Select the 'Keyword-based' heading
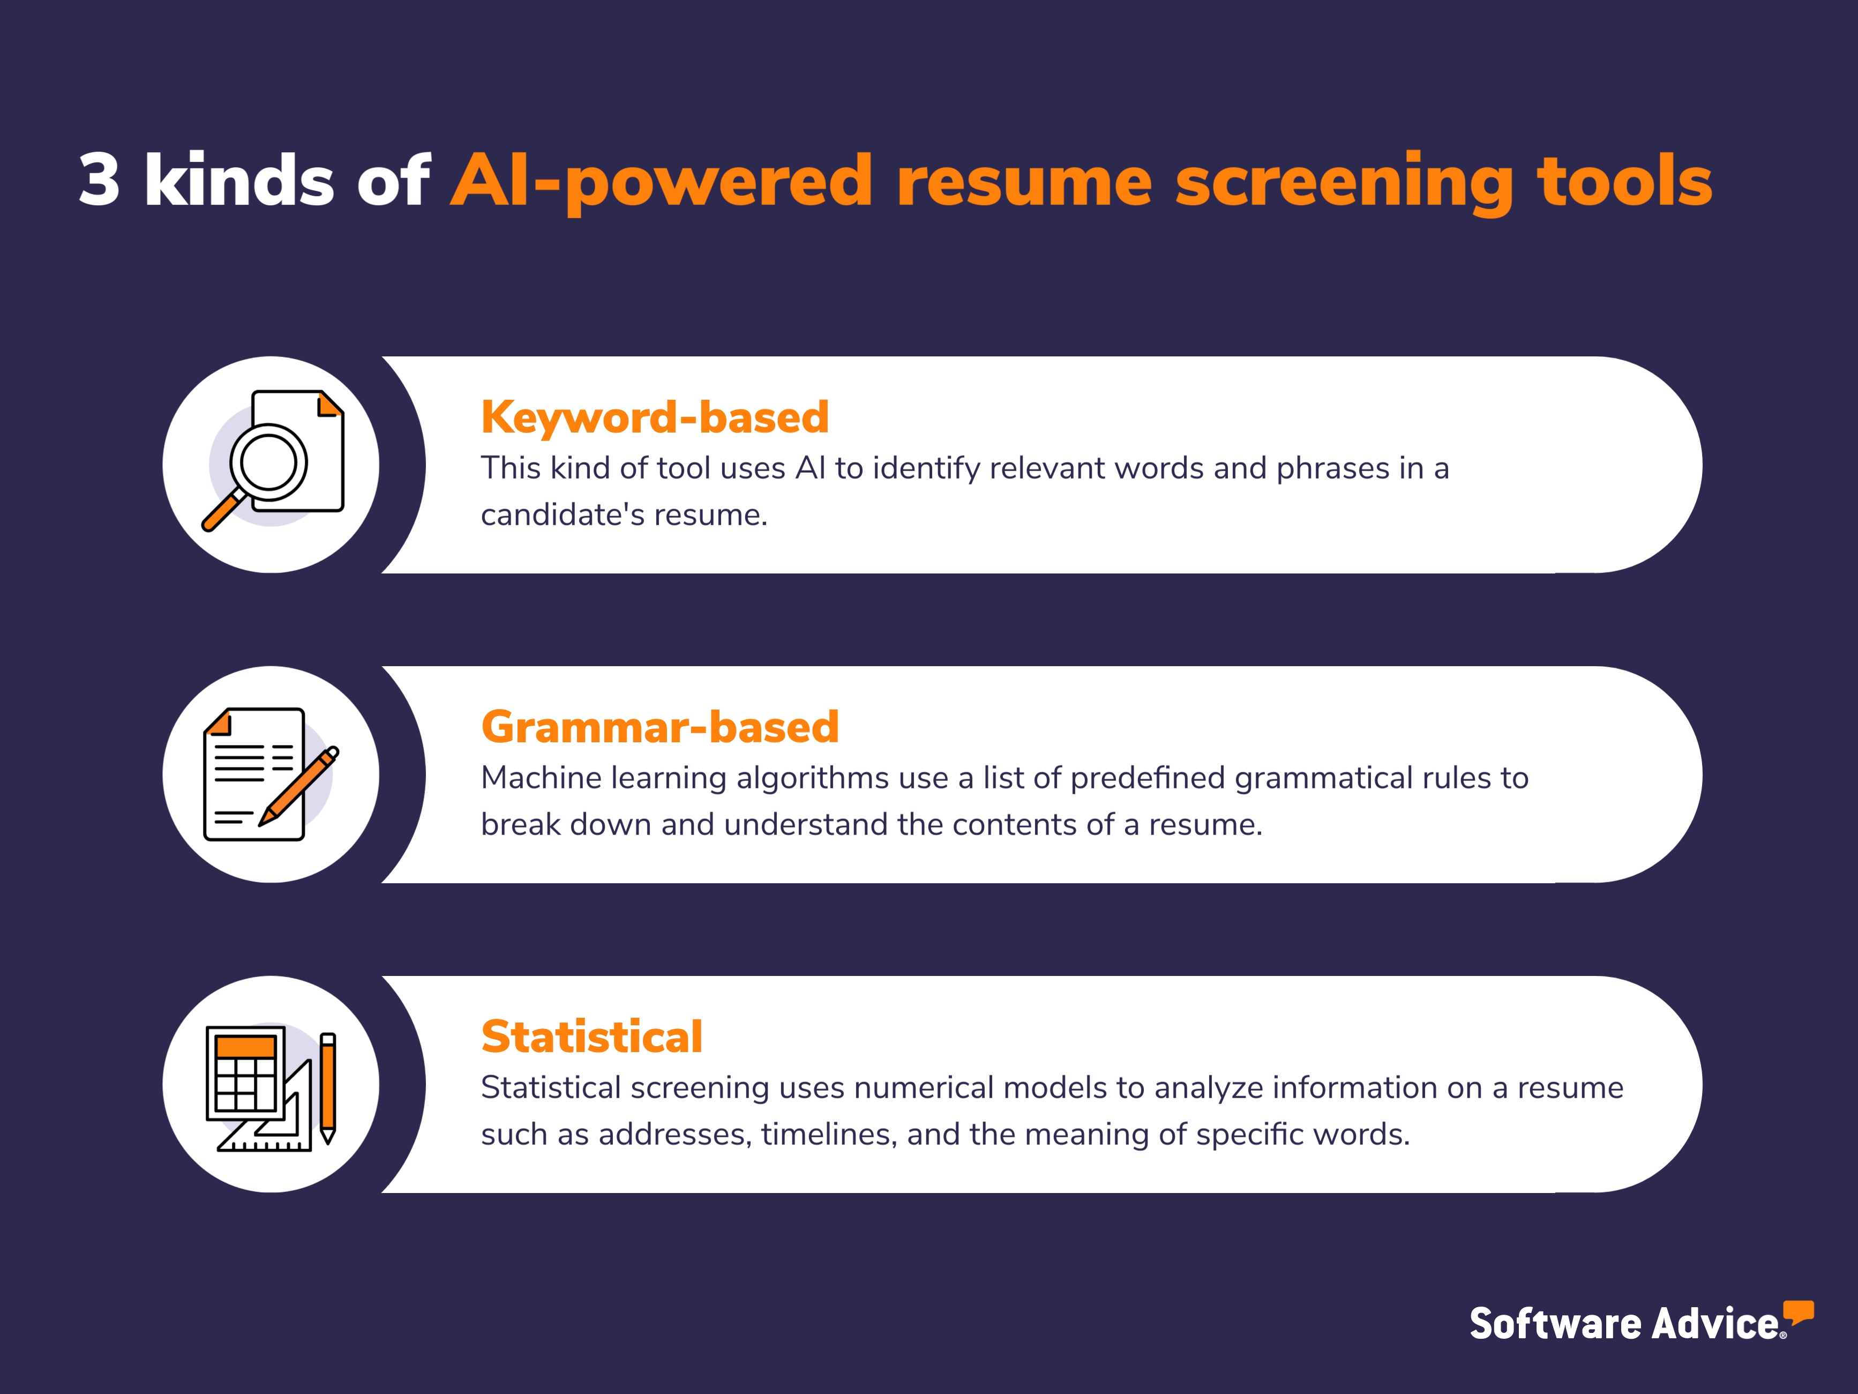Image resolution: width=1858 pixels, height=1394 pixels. pyautogui.click(x=654, y=417)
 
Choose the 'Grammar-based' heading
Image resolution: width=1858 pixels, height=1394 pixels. pyautogui.click(x=660, y=727)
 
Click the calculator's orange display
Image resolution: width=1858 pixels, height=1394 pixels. pyautogui.click(x=245, y=1047)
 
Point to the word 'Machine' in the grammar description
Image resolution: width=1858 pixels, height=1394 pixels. pyautogui.click(x=541, y=778)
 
